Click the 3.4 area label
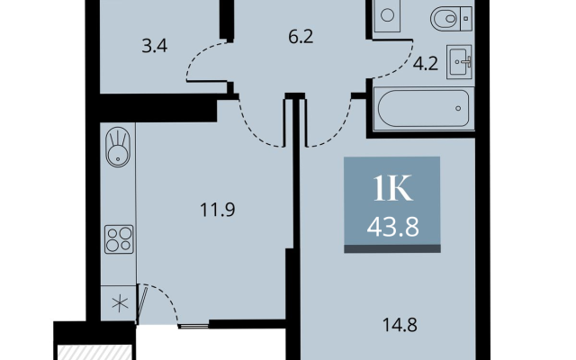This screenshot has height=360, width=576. click(x=155, y=47)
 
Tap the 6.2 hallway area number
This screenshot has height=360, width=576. click(x=301, y=37)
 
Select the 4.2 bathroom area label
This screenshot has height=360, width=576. click(x=426, y=64)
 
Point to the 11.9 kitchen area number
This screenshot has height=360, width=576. click(x=218, y=210)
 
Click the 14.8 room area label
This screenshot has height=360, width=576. click(x=400, y=325)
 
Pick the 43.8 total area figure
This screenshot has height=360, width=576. click(x=392, y=227)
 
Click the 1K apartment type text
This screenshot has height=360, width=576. click(x=392, y=188)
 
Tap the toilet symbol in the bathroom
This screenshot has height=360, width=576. click(x=451, y=18)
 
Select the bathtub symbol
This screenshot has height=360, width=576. click(x=424, y=108)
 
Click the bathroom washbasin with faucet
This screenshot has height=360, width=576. click(x=459, y=62)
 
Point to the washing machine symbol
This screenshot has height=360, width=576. click(x=387, y=16)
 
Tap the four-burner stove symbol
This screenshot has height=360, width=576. click(x=119, y=239)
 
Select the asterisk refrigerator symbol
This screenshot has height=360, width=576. click(x=120, y=304)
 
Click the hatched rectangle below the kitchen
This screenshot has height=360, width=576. click(x=94, y=352)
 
